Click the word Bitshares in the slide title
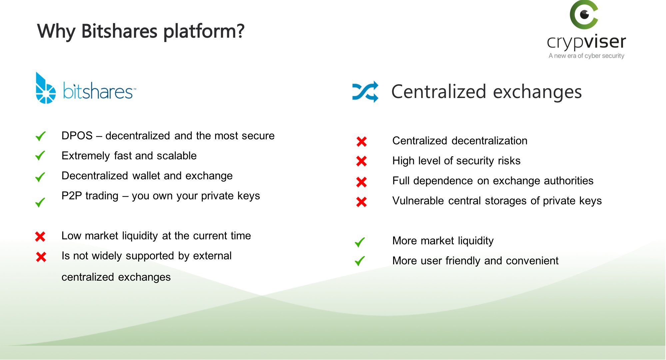click(119, 31)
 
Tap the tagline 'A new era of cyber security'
click(586, 56)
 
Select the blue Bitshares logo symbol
click(45, 88)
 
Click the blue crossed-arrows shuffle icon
click(365, 92)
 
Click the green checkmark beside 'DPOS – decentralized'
click(40, 136)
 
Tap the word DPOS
click(77, 136)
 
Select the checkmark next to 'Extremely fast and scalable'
click(40, 156)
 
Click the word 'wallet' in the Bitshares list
click(147, 176)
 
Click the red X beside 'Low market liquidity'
click(40, 237)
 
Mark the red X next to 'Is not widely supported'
click(41, 257)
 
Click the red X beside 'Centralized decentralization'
click(361, 142)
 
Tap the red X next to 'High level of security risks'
click(361, 161)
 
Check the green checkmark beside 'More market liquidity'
click(360, 242)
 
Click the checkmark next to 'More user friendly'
click(360, 261)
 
